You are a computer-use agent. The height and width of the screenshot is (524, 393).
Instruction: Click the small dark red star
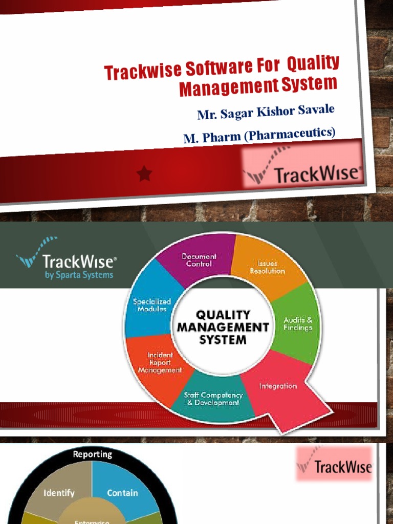145,174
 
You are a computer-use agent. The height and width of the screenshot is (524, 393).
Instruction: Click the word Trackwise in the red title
137,71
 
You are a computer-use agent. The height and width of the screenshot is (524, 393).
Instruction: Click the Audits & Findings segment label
298,324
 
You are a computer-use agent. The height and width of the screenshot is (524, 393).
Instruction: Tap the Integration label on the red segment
278,386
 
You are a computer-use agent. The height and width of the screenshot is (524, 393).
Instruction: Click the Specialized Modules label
152,305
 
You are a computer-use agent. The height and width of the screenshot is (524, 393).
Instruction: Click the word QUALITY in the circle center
224,314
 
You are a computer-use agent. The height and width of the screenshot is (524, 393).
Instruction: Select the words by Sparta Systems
79,275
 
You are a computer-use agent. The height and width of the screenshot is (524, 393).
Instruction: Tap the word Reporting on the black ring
92,454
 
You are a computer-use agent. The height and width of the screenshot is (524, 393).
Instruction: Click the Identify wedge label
59,493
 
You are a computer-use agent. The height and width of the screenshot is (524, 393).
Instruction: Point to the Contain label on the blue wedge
122,493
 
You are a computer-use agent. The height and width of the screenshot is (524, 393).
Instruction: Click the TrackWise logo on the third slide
335,466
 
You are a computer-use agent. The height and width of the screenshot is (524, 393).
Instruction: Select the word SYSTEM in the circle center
223,339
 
